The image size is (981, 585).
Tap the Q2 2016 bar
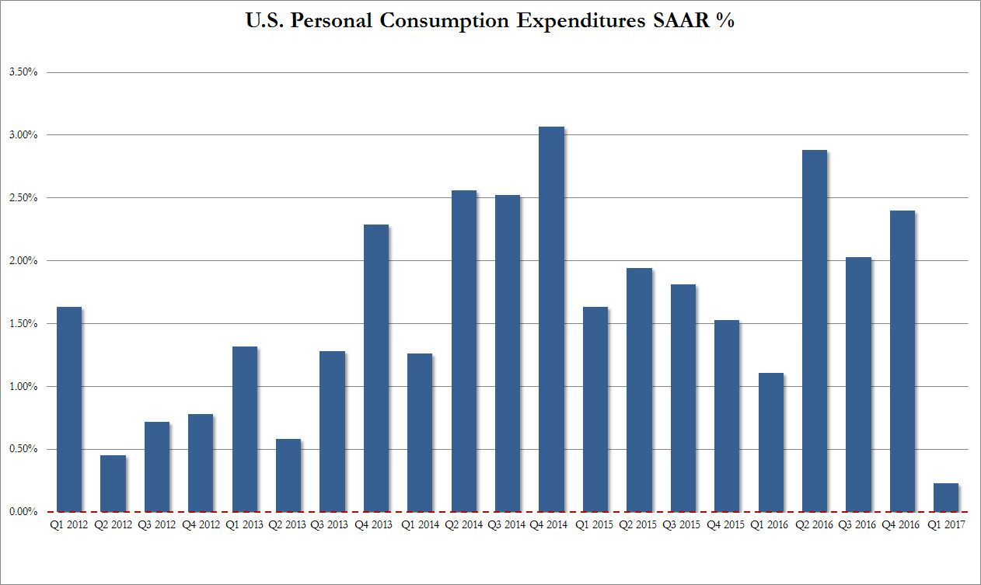click(x=814, y=330)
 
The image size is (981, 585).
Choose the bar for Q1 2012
click(x=68, y=409)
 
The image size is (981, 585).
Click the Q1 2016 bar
click(x=770, y=442)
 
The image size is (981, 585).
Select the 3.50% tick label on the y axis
click(x=23, y=72)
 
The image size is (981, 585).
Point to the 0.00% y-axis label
click(x=23, y=512)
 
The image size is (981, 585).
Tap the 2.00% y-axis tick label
click(x=23, y=261)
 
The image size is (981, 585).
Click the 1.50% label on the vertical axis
click(x=23, y=324)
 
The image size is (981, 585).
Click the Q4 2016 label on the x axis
click(x=902, y=525)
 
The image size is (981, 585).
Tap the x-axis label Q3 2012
click(x=156, y=525)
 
